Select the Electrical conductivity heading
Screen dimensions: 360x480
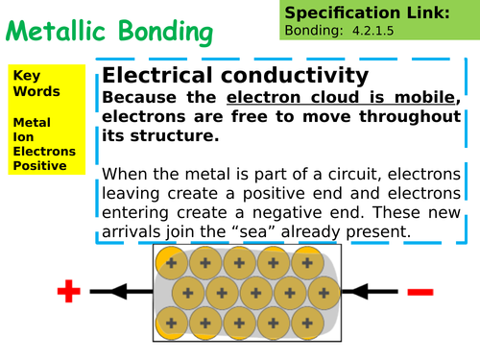pyautogui.click(x=234, y=76)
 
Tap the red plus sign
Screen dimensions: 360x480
pyautogui.click(x=67, y=291)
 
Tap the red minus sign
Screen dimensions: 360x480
pyautogui.click(x=420, y=291)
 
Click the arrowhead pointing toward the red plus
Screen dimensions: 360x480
pyautogui.click(x=119, y=291)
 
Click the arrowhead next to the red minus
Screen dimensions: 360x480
pyautogui.click(x=357, y=291)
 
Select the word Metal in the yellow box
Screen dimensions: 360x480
pyautogui.click(x=29, y=122)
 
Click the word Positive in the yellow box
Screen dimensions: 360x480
pyautogui.click(x=39, y=165)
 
